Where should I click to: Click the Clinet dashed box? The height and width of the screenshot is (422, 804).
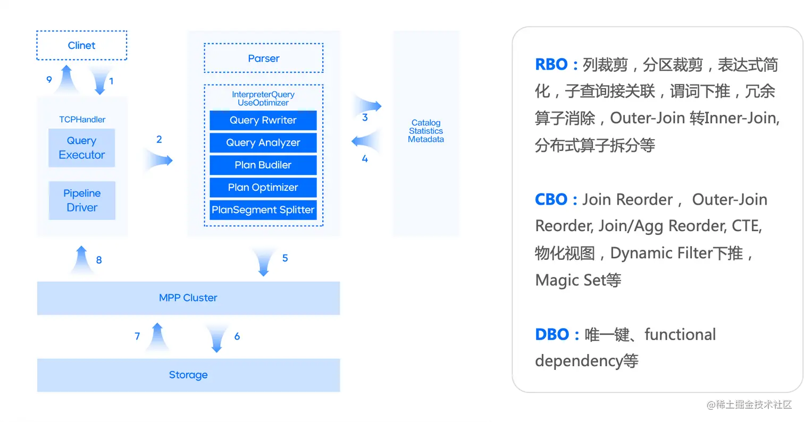click(81, 45)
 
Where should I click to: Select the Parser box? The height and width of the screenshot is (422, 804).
click(263, 58)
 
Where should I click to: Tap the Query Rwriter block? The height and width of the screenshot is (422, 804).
click(263, 120)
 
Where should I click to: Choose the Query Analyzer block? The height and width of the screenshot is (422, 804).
click(263, 142)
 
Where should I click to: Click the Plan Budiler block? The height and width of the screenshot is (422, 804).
click(263, 165)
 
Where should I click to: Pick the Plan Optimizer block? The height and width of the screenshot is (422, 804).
click(263, 187)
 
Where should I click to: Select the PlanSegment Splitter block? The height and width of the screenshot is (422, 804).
click(263, 209)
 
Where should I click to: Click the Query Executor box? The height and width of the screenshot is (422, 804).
click(81, 148)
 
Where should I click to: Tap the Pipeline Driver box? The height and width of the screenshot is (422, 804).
click(82, 200)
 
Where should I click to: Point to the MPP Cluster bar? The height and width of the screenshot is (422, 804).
click(188, 298)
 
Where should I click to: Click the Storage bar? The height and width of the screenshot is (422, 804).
click(188, 375)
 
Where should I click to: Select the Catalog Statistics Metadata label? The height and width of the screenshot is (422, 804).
click(426, 131)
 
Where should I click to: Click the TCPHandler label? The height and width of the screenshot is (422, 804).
click(82, 120)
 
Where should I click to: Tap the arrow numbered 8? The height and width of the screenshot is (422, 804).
click(81, 259)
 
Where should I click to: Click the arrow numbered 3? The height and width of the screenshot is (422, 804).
click(367, 106)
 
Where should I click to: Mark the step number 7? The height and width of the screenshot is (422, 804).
click(137, 336)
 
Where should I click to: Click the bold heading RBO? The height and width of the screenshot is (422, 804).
click(551, 65)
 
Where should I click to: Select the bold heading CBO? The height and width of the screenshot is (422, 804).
click(551, 200)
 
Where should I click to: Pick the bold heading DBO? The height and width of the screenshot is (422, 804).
click(552, 334)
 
